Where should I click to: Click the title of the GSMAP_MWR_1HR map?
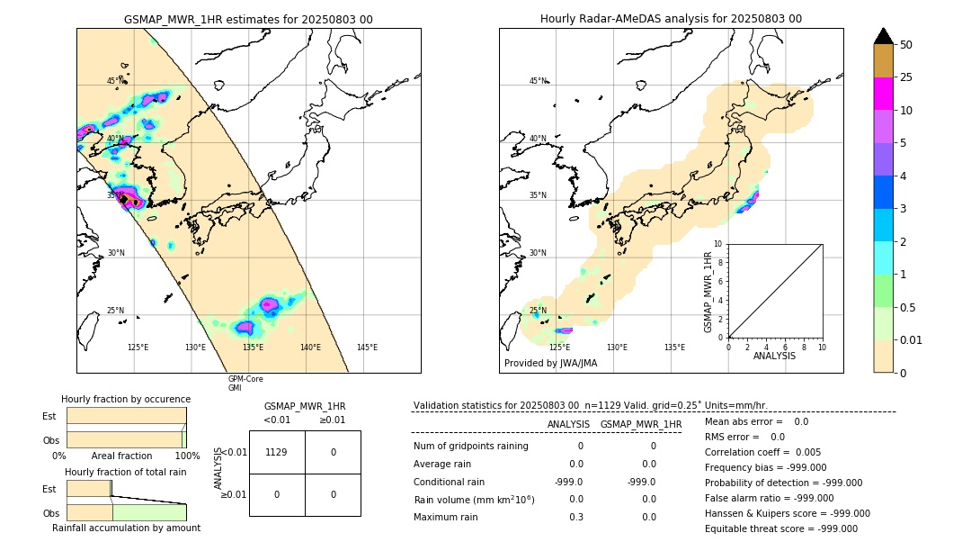[248, 19]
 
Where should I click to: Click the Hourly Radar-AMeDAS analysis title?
[671, 19]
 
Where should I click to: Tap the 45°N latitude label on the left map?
[113, 81]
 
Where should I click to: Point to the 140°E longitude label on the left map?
[310, 348]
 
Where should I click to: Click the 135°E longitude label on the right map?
[674, 348]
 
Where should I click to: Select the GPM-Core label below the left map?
[245, 379]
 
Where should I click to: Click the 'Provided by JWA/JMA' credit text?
[550, 363]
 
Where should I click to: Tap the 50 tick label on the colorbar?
[906, 45]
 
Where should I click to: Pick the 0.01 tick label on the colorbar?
[912, 339]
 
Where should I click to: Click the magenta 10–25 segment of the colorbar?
[883, 94]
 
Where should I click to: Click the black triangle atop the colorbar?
[883, 36]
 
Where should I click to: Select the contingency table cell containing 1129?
[276, 452]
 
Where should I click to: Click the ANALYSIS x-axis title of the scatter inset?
[774, 356]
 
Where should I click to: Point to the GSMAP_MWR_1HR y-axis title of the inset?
[708, 292]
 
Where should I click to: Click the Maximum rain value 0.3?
[575, 517]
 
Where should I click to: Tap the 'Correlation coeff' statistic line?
[762, 452]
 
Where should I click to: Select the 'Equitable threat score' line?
[780, 528]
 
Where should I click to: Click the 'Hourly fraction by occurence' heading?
[126, 399]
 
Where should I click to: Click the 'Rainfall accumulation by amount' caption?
[126, 528]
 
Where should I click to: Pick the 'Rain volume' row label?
[474, 500]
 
